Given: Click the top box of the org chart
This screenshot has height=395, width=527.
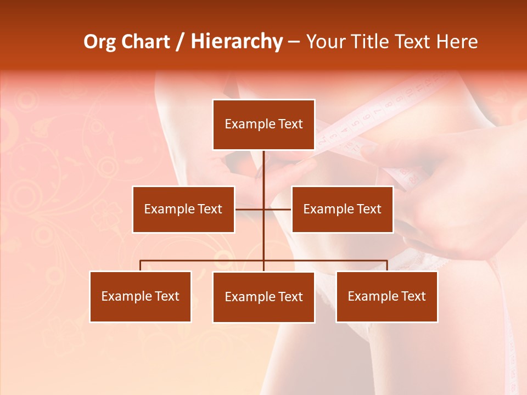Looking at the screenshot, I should click(263, 125).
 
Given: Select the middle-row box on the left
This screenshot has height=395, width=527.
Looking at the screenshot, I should click(183, 209).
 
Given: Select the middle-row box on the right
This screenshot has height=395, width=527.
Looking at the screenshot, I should click(342, 209).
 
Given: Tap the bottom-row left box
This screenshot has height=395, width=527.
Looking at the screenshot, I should click(141, 296).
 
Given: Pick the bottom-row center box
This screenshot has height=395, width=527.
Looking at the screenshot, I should click(263, 297).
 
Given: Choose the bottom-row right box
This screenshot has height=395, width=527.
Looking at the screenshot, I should click(386, 296).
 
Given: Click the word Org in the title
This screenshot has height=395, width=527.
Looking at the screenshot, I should click(99, 42).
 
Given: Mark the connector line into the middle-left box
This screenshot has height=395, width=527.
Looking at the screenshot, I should click(249, 209).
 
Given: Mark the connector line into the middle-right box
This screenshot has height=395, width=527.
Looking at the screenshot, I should click(278, 209).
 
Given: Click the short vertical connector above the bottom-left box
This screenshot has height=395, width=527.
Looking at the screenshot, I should click(141, 266).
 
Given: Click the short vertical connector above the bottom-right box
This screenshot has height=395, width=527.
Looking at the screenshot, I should click(387, 266).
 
